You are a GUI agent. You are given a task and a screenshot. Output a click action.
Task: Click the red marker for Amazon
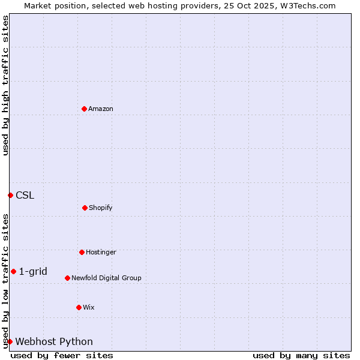point(84,109)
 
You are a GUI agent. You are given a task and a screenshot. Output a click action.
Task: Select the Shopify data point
point(85,208)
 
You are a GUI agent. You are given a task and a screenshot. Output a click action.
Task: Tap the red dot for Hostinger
point(82,252)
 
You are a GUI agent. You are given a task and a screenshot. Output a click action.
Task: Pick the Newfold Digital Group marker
point(67,278)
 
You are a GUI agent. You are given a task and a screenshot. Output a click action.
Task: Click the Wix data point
point(79,307)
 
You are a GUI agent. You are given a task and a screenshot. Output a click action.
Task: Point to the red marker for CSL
point(10,195)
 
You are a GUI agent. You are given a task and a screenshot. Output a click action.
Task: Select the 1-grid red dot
point(13,271)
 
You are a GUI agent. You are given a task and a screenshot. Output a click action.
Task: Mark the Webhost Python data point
point(10,341)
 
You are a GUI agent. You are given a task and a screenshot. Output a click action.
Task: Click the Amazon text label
point(101,109)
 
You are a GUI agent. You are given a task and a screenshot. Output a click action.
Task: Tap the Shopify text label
point(101,208)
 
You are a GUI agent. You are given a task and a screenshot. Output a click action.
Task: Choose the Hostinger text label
point(101,252)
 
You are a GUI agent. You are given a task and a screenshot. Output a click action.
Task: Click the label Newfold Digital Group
point(106,278)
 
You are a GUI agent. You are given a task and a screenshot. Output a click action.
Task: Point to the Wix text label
point(89,307)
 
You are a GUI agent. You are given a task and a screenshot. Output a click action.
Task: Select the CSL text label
point(25,195)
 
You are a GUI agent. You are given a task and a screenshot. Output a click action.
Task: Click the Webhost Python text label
point(54,342)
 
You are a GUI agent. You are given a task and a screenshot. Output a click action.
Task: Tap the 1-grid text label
point(33,271)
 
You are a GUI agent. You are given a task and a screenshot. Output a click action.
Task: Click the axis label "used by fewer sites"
point(62,355)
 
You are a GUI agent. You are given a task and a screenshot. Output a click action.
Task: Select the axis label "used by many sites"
point(301,355)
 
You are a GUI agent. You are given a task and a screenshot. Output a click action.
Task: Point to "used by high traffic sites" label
point(5,85)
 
